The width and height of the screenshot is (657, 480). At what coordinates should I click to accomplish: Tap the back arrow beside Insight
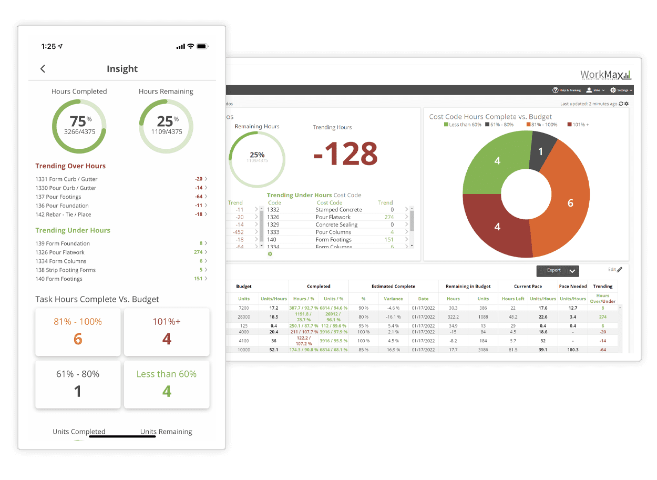(43, 69)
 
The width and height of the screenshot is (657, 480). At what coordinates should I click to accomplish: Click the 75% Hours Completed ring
(79, 126)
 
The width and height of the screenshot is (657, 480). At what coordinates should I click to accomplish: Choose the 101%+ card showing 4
(167, 332)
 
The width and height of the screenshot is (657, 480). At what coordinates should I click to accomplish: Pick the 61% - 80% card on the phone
(78, 384)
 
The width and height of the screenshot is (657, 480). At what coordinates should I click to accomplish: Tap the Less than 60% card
(167, 384)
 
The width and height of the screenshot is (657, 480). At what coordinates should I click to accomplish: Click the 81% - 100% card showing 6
(78, 332)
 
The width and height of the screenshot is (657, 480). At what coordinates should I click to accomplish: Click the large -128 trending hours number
(345, 154)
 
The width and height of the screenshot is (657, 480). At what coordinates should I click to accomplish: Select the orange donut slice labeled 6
(570, 203)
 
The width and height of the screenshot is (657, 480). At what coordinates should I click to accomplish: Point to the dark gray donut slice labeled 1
(541, 151)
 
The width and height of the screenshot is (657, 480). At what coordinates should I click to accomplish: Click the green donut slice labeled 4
(497, 161)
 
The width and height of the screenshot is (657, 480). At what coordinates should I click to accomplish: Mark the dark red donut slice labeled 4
(497, 227)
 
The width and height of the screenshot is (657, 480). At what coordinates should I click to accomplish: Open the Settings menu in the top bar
(621, 90)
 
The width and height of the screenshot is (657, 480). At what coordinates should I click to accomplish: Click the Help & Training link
(567, 90)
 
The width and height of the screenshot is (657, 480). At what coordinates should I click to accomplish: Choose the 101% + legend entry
(578, 125)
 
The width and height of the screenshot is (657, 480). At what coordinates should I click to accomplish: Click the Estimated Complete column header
(393, 287)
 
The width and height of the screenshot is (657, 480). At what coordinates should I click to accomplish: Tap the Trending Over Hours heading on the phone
(70, 166)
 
